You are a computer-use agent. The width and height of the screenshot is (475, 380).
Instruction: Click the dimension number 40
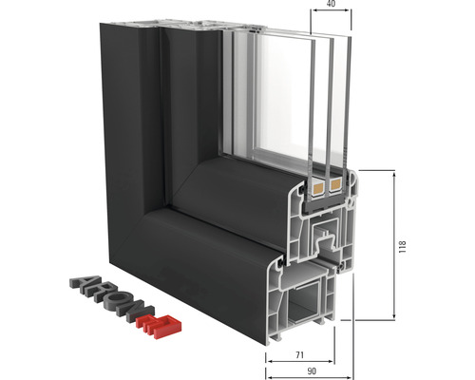point(329,4)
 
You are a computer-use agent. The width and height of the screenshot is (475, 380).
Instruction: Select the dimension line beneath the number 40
point(329,13)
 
